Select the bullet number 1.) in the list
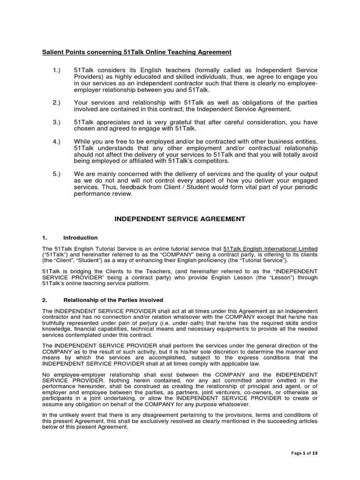[x=57, y=70]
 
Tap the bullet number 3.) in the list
[x=57, y=122]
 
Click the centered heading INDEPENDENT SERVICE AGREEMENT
[x=180, y=218]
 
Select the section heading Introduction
[x=81, y=238]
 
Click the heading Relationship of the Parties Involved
[x=113, y=300]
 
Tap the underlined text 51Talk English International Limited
[x=270, y=248]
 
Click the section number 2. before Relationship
[x=45, y=300]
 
